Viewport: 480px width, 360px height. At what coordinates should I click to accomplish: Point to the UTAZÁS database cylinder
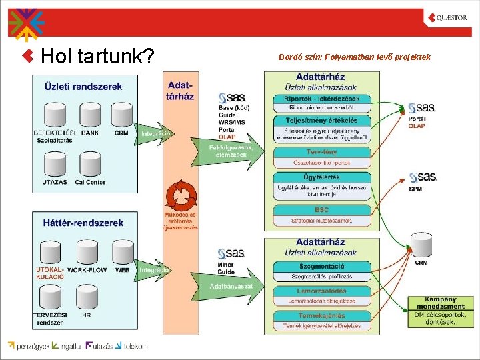coord(55,165)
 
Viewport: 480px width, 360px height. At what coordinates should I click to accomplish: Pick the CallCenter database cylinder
coord(90,165)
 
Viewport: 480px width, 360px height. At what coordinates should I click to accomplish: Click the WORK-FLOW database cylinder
coord(87,252)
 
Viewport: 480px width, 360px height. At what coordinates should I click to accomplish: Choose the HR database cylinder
coord(87,297)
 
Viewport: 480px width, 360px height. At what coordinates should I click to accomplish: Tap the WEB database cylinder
coord(123,252)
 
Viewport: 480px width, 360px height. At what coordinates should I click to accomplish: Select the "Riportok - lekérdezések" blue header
coord(322,99)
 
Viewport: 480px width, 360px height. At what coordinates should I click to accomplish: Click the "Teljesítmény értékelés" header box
coord(322,121)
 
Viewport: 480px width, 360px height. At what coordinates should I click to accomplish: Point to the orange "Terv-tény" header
coord(322,152)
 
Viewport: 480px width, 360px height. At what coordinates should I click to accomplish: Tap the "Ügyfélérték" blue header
coord(322,177)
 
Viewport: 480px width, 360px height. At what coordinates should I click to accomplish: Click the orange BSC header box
coord(322,210)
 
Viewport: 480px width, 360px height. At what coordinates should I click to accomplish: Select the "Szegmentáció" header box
coord(322,267)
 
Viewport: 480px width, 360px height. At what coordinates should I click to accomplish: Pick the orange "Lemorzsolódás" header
coord(322,291)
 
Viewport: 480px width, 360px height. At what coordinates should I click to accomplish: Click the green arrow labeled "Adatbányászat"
coord(230,286)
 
